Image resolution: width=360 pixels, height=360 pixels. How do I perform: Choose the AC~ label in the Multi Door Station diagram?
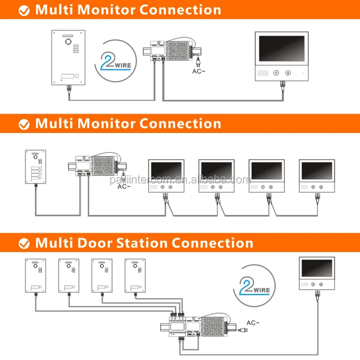click(x=253, y=322)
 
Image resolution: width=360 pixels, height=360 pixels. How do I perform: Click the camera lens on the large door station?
click(x=69, y=41)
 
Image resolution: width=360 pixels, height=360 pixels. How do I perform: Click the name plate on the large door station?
click(x=66, y=76)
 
